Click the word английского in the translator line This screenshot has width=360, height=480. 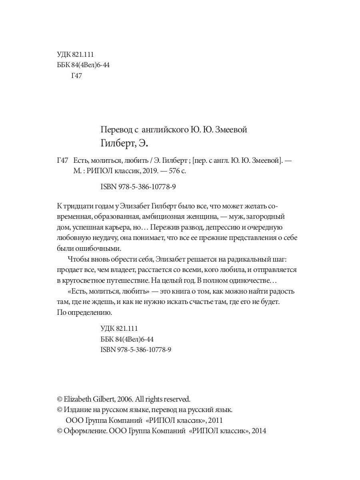[x=164, y=130]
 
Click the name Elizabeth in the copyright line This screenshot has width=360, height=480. [x=79, y=399]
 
